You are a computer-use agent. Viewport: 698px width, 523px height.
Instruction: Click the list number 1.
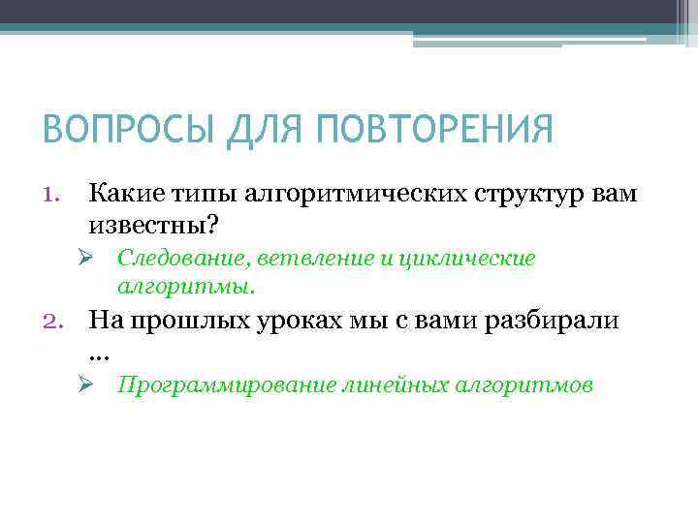[53, 193]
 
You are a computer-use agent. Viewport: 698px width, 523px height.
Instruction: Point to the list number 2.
[53, 319]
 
